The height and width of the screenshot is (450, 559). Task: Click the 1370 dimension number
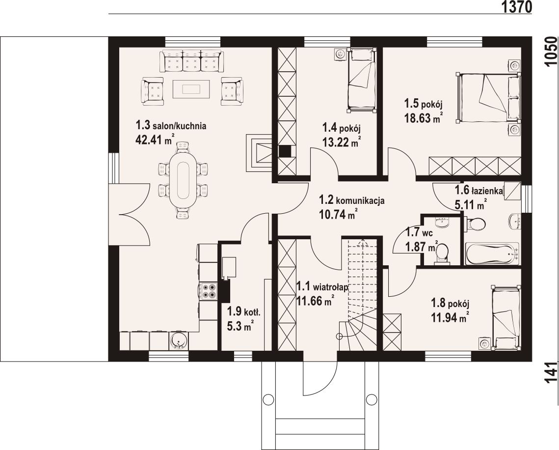point(517,7)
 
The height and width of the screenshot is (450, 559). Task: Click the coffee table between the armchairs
point(191,89)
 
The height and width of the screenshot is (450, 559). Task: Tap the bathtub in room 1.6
point(492,253)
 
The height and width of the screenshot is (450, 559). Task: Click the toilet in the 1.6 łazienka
point(475,224)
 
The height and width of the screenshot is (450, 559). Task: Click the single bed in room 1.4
point(362,81)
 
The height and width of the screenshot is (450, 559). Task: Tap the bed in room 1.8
point(506,318)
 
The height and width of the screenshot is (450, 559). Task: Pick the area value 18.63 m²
point(424,118)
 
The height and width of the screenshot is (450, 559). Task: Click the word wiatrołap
point(330,287)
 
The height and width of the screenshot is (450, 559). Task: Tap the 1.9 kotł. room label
point(244,312)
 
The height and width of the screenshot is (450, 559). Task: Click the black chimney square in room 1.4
point(285,152)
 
